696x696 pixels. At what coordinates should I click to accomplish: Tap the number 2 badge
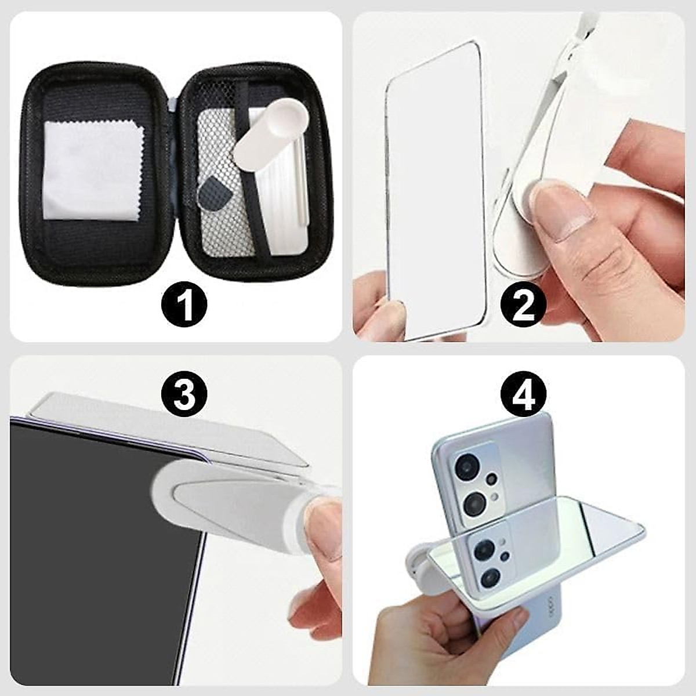(524, 306)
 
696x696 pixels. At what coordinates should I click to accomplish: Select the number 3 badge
(184, 393)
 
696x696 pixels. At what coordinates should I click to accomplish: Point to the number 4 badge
(524, 393)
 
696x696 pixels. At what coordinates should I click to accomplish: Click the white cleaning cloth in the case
(92, 174)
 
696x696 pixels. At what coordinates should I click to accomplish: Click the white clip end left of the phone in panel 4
(419, 553)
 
